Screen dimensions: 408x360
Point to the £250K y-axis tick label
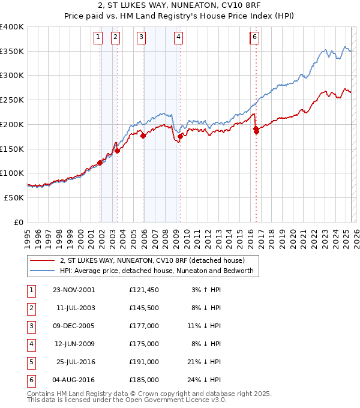12,100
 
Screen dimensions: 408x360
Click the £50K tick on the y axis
14,197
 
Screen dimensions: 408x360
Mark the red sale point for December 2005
143,136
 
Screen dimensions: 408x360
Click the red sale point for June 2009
181,137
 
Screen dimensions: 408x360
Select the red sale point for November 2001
100,163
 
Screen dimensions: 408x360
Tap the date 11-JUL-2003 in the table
76,308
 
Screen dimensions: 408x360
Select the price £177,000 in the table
143,326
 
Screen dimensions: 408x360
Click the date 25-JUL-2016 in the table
76,362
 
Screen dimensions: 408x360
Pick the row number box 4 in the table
31,344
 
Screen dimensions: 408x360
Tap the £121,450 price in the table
143,290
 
